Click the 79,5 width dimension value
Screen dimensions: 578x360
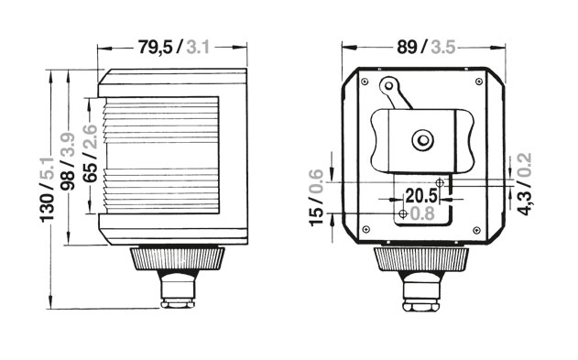tap(155, 47)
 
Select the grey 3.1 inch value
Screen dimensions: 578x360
tap(198, 47)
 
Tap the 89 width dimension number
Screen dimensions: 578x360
tap(407, 47)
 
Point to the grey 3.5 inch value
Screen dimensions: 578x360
tap(443, 47)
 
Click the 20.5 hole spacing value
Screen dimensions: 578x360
tap(421, 196)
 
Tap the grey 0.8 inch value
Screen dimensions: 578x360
tap(422, 213)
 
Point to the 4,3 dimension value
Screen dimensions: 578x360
tap(525, 202)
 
